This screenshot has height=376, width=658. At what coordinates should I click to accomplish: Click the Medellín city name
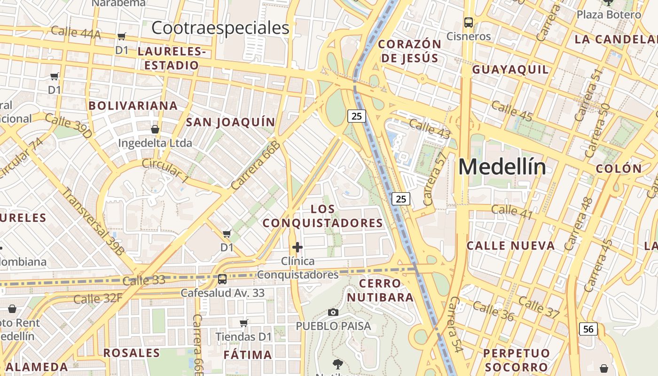click(x=502, y=167)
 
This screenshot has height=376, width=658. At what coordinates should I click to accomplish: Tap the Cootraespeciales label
click(x=220, y=28)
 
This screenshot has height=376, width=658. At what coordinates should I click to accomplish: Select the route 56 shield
click(x=588, y=329)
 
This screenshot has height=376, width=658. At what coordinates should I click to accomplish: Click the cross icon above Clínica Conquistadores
click(x=297, y=247)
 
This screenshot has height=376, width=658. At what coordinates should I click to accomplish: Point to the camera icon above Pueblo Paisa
click(x=333, y=313)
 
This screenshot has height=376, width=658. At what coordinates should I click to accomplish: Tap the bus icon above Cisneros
click(x=468, y=22)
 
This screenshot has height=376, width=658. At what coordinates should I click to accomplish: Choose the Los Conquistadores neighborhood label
click(x=323, y=216)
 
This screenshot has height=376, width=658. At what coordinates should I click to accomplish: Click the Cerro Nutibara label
click(x=380, y=290)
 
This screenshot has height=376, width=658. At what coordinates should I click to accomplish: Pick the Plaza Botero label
click(x=609, y=15)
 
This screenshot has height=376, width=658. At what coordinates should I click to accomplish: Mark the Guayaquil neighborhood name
click(x=510, y=70)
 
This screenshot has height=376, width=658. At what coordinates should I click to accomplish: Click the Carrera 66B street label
click(x=256, y=165)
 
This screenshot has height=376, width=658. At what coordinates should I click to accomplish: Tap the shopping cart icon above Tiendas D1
click(x=243, y=323)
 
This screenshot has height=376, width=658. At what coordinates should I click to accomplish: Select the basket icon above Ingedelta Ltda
click(x=155, y=129)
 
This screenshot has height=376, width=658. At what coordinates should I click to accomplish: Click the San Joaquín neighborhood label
click(x=230, y=122)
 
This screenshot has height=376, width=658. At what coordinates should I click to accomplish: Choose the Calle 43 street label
click(x=430, y=129)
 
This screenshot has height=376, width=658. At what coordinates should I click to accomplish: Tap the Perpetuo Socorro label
click(x=516, y=360)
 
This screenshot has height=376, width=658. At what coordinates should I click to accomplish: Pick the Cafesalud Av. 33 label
click(x=223, y=293)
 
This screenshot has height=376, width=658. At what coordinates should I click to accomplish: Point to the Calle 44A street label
click(x=76, y=33)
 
